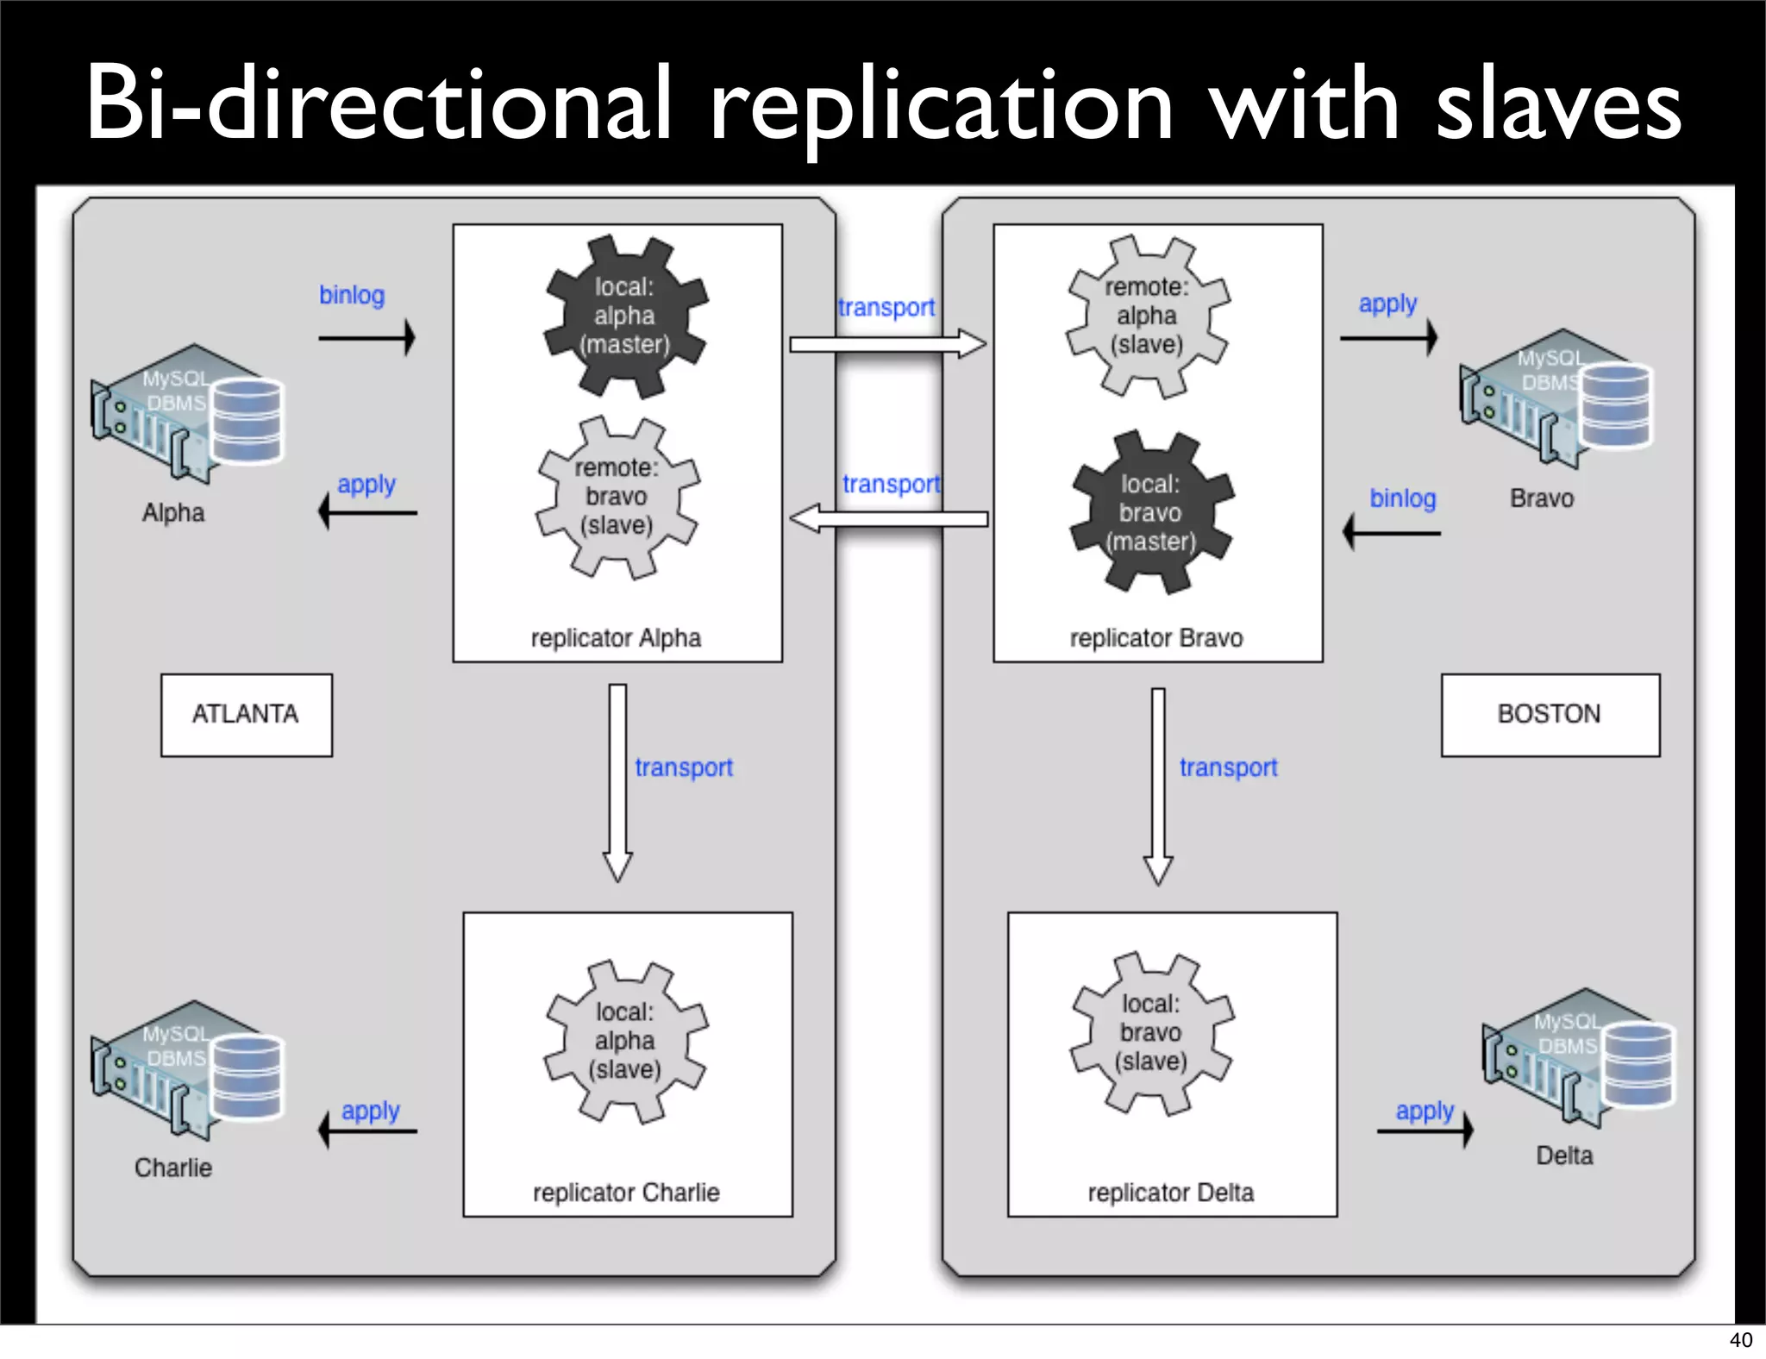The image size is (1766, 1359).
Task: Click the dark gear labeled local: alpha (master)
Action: [x=625, y=316]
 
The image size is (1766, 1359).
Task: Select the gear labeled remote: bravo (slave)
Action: [x=617, y=497]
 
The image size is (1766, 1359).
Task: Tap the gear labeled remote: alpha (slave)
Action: [x=1147, y=316]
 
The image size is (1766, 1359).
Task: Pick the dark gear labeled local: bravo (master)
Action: [x=1151, y=513]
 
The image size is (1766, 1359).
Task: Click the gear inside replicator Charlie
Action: [x=625, y=1041]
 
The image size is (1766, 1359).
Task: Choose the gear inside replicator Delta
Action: [x=1151, y=1033]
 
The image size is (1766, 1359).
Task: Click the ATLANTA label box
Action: [x=246, y=715]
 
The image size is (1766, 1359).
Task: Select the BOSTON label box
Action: [x=1550, y=715]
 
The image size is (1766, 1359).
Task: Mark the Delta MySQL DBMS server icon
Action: [x=1578, y=1057]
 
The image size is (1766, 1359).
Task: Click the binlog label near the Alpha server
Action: [x=352, y=295]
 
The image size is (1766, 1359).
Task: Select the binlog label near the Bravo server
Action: [x=1403, y=498]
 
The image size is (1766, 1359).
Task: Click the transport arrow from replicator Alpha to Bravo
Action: [x=887, y=345]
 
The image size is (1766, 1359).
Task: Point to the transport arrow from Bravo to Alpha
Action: [x=889, y=519]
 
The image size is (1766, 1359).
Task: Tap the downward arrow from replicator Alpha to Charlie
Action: [x=617, y=781]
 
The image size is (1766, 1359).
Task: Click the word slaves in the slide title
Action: [x=1558, y=105]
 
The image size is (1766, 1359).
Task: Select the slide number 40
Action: [x=1740, y=1340]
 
